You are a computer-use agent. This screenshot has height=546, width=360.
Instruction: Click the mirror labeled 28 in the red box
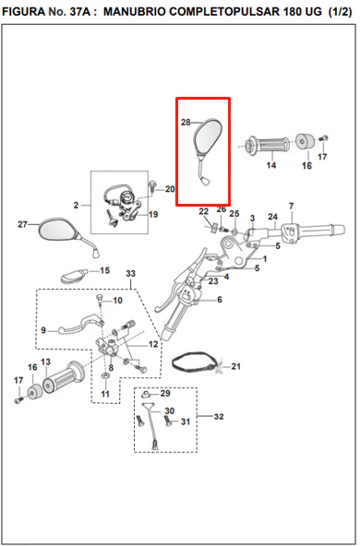[208, 139]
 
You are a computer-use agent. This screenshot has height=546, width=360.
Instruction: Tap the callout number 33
[131, 274]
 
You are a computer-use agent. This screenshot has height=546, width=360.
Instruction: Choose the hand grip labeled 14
[268, 145]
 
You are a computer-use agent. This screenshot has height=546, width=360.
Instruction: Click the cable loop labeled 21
[196, 362]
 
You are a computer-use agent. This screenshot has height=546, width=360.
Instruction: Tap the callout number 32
[219, 417]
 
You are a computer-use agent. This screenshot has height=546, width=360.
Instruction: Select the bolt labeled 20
[152, 186]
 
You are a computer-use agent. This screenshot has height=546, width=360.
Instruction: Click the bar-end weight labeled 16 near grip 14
[305, 141]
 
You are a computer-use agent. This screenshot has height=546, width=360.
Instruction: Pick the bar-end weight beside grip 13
[34, 391]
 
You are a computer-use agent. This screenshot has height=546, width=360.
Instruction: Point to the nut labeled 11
[105, 376]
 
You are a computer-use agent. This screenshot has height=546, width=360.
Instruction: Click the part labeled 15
[74, 276]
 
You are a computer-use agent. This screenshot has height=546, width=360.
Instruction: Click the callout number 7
[292, 207]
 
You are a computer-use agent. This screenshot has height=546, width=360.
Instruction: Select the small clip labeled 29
[147, 395]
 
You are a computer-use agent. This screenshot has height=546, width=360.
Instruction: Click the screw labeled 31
[168, 421]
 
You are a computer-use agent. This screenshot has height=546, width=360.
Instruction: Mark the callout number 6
[220, 300]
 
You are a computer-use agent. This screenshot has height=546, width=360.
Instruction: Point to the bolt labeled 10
[99, 299]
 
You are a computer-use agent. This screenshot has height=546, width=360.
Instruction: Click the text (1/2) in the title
[340, 12]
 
